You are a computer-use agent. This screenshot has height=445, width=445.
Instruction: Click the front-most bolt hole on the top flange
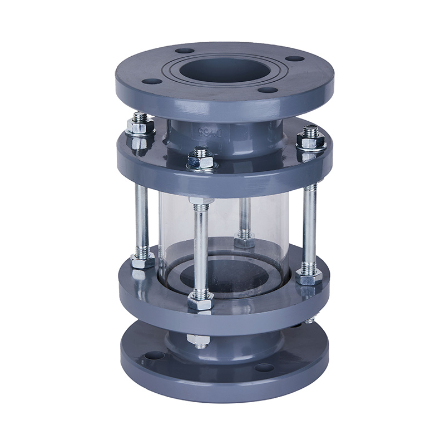pyautogui.click(x=268, y=90)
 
